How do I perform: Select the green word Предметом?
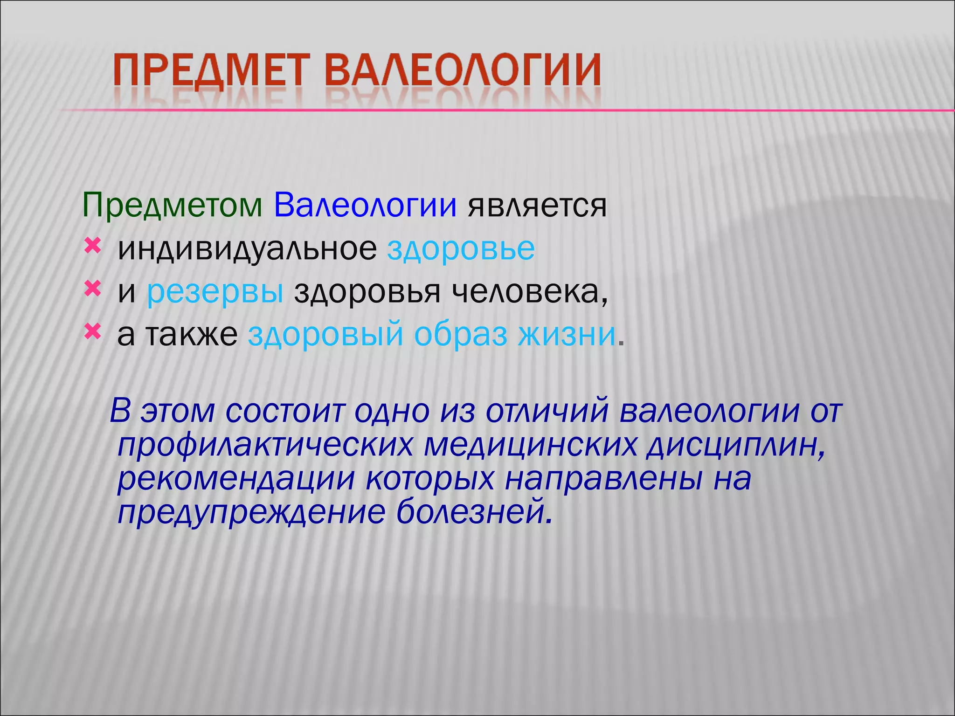point(173,205)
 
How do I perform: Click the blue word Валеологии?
point(365,205)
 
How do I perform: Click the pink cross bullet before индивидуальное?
point(92,246)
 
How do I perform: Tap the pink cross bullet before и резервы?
point(92,289)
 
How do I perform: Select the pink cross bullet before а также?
point(92,332)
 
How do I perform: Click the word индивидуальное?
point(247,249)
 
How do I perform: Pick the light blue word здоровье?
point(461,249)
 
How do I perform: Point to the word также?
point(192,335)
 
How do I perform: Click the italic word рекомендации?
point(236,479)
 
